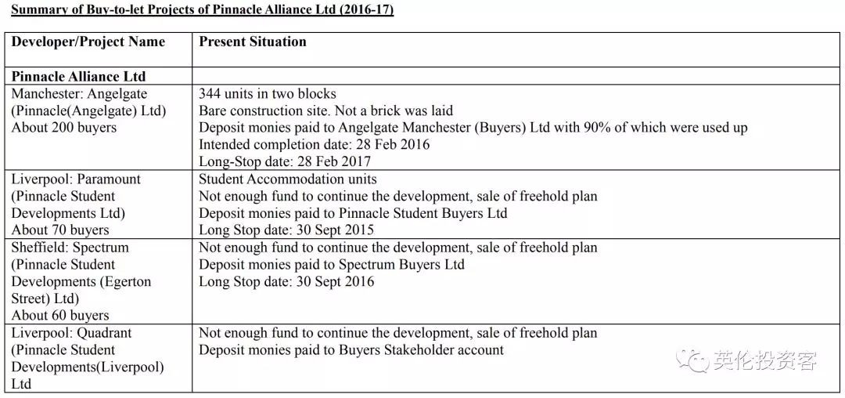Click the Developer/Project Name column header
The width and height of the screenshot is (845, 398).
tap(88, 42)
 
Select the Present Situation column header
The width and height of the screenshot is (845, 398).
tap(252, 42)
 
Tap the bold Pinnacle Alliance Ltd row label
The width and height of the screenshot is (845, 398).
tap(78, 77)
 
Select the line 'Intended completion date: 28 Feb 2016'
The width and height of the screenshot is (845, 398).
tap(314, 144)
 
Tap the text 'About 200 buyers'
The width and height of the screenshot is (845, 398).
tap(63, 128)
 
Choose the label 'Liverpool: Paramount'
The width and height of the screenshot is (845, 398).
tap(76, 179)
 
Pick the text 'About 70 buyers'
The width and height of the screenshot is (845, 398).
tap(59, 230)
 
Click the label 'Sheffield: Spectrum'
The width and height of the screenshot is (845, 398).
tap(70, 248)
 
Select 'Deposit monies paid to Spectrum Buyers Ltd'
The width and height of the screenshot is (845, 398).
tap(331, 265)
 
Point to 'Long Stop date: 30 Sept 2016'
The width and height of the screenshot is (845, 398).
tap(286, 281)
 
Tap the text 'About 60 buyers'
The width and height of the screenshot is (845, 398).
tap(59, 316)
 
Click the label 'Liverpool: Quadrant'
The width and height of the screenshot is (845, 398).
tap(71, 333)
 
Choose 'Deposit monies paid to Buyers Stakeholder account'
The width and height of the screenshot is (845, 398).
tap(351, 350)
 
